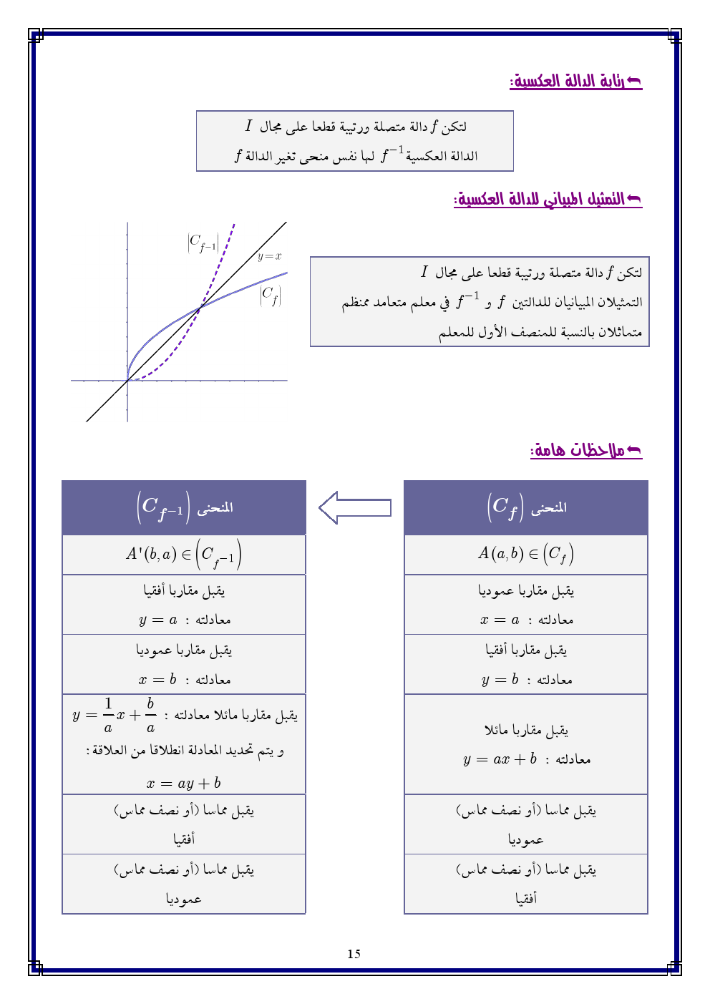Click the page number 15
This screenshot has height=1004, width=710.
[354, 954]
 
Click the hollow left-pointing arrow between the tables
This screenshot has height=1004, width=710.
[355, 508]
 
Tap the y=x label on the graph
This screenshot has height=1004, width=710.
[269, 256]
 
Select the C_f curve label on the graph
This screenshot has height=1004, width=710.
[271, 295]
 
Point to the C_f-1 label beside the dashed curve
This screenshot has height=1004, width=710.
[203, 243]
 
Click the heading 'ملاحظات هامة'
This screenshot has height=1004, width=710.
[585, 450]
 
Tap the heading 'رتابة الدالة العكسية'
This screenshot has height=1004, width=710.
[575, 82]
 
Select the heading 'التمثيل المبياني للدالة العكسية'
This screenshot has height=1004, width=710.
[548, 199]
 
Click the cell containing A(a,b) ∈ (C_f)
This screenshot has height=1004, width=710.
[526, 555]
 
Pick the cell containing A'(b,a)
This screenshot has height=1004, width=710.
[184, 555]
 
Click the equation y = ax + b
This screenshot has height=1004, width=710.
[500, 759]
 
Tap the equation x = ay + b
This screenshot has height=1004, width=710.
[184, 783]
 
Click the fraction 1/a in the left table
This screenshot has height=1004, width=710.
[108, 715]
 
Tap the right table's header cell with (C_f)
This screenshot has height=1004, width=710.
[526, 507]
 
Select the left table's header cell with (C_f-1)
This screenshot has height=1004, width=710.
[184, 507]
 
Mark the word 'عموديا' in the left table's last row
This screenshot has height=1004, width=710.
[184, 899]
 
